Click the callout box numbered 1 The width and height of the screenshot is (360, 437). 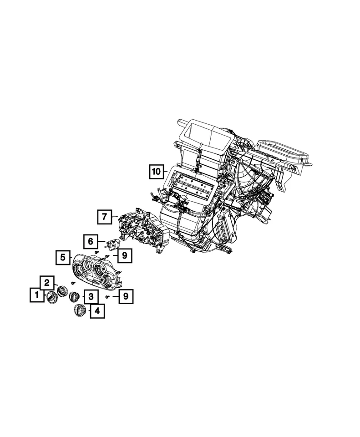[x=35, y=295]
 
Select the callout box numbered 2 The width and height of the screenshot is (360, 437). [x=47, y=283]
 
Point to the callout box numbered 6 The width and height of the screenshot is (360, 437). [x=90, y=241]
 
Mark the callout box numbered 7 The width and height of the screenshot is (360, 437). [x=104, y=217]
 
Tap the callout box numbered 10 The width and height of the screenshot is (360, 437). [x=156, y=172]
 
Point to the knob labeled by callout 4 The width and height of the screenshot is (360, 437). [x=81, y=311]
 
